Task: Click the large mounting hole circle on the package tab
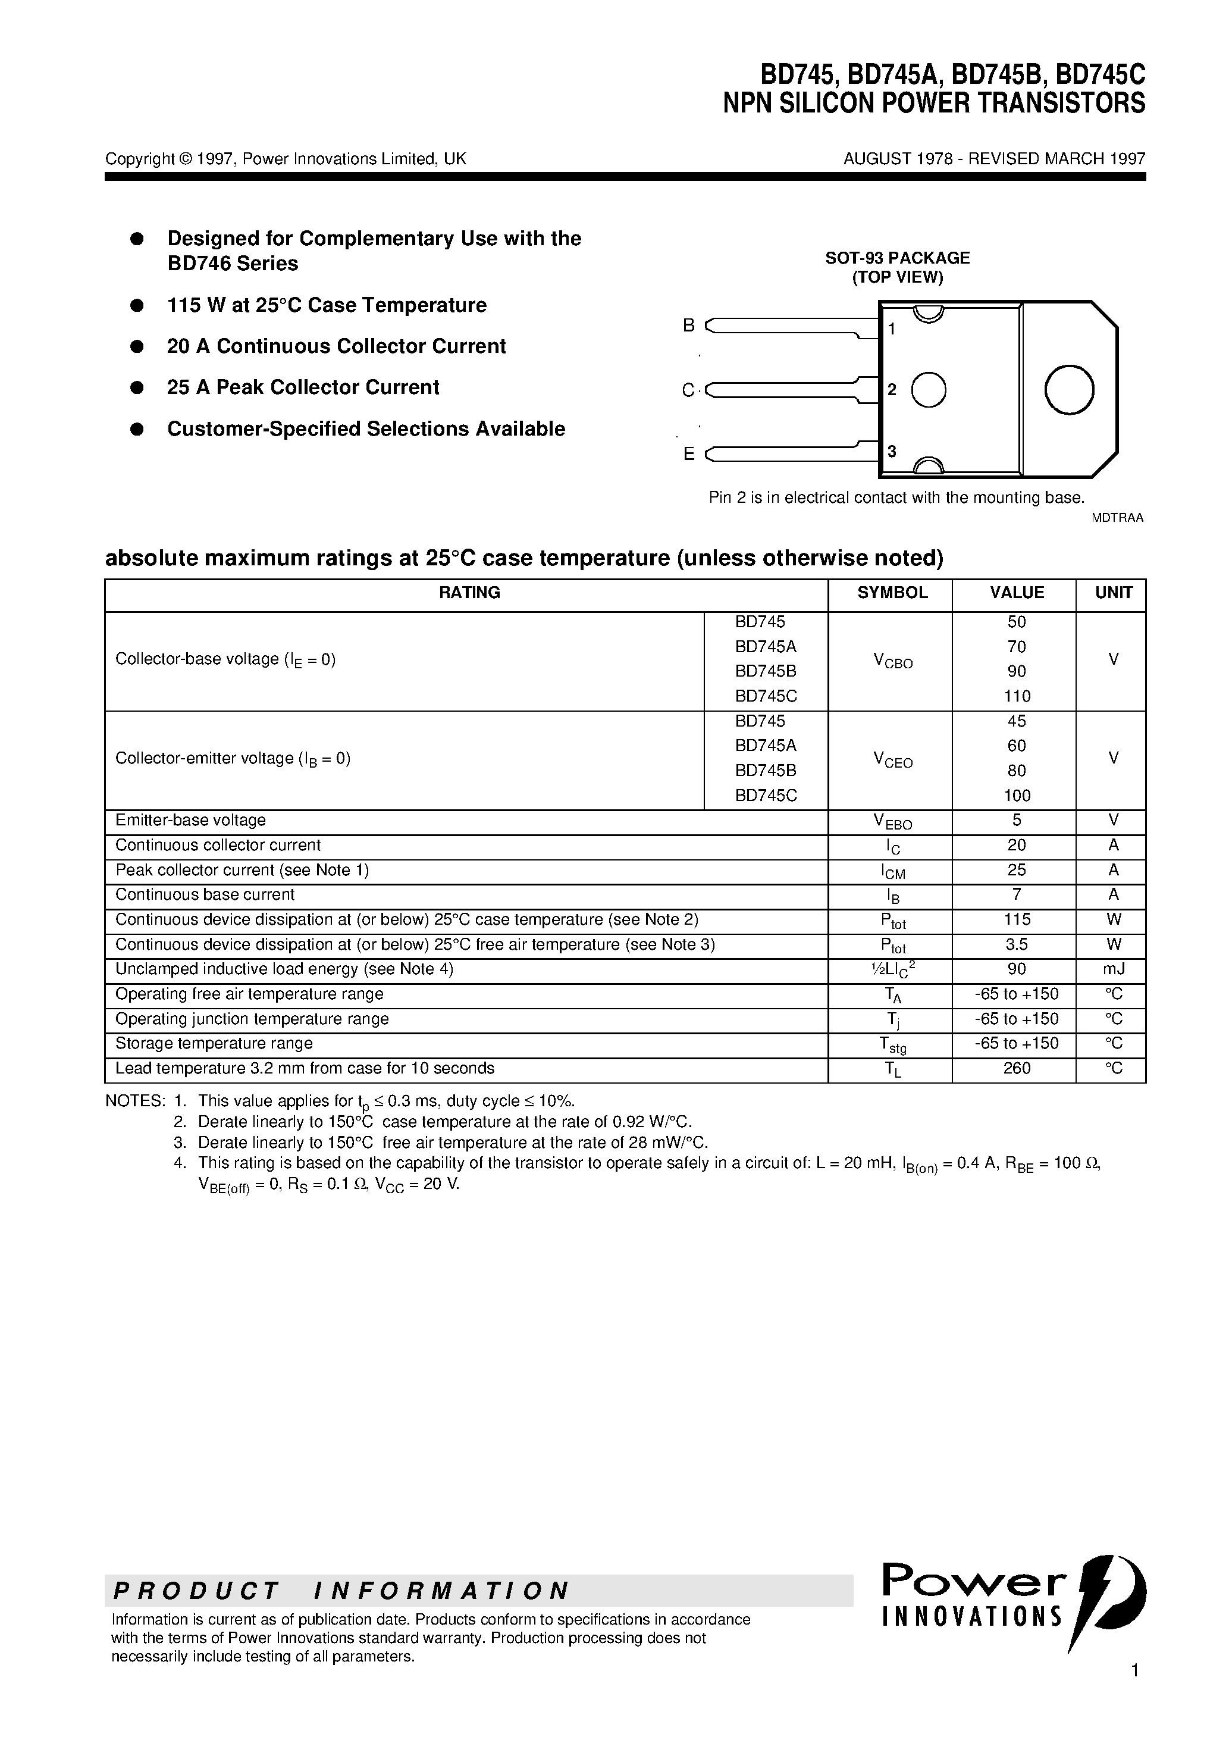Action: (1068, 390)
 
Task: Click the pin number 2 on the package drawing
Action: (892, 390)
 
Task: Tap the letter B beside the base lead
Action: (689, 325)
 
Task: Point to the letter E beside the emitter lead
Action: (689, 454)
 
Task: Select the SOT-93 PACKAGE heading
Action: (897, 258)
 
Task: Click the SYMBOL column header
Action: (892, 593)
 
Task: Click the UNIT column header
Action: (1113, 593)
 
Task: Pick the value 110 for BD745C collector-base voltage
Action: (1016, 696)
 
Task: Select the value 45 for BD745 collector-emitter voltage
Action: (1016, 721)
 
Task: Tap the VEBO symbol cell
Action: (892, 821)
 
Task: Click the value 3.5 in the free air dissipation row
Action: (1016, 944)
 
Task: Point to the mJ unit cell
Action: (1113, 969)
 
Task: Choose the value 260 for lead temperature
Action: (1016, 1069)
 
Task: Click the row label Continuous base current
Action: (205, 895)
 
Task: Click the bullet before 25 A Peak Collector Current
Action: (137, 387)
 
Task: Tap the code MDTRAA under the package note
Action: (1117, 518)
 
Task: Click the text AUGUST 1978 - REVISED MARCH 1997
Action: (994, 158)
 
